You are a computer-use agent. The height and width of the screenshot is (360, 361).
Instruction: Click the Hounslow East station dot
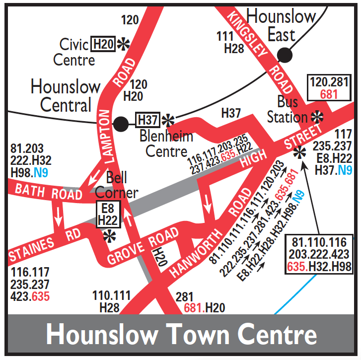285,55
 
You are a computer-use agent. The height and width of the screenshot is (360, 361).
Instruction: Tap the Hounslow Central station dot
121,124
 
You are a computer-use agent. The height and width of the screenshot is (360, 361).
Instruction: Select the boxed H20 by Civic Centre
103,44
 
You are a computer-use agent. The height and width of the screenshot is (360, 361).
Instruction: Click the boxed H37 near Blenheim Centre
147,120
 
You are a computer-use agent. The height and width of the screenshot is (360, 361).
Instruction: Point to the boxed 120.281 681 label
329,88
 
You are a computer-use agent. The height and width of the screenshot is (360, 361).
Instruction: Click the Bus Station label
288,110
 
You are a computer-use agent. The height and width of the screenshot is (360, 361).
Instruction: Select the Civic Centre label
74,52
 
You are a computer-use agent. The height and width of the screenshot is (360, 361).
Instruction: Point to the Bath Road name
48,191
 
